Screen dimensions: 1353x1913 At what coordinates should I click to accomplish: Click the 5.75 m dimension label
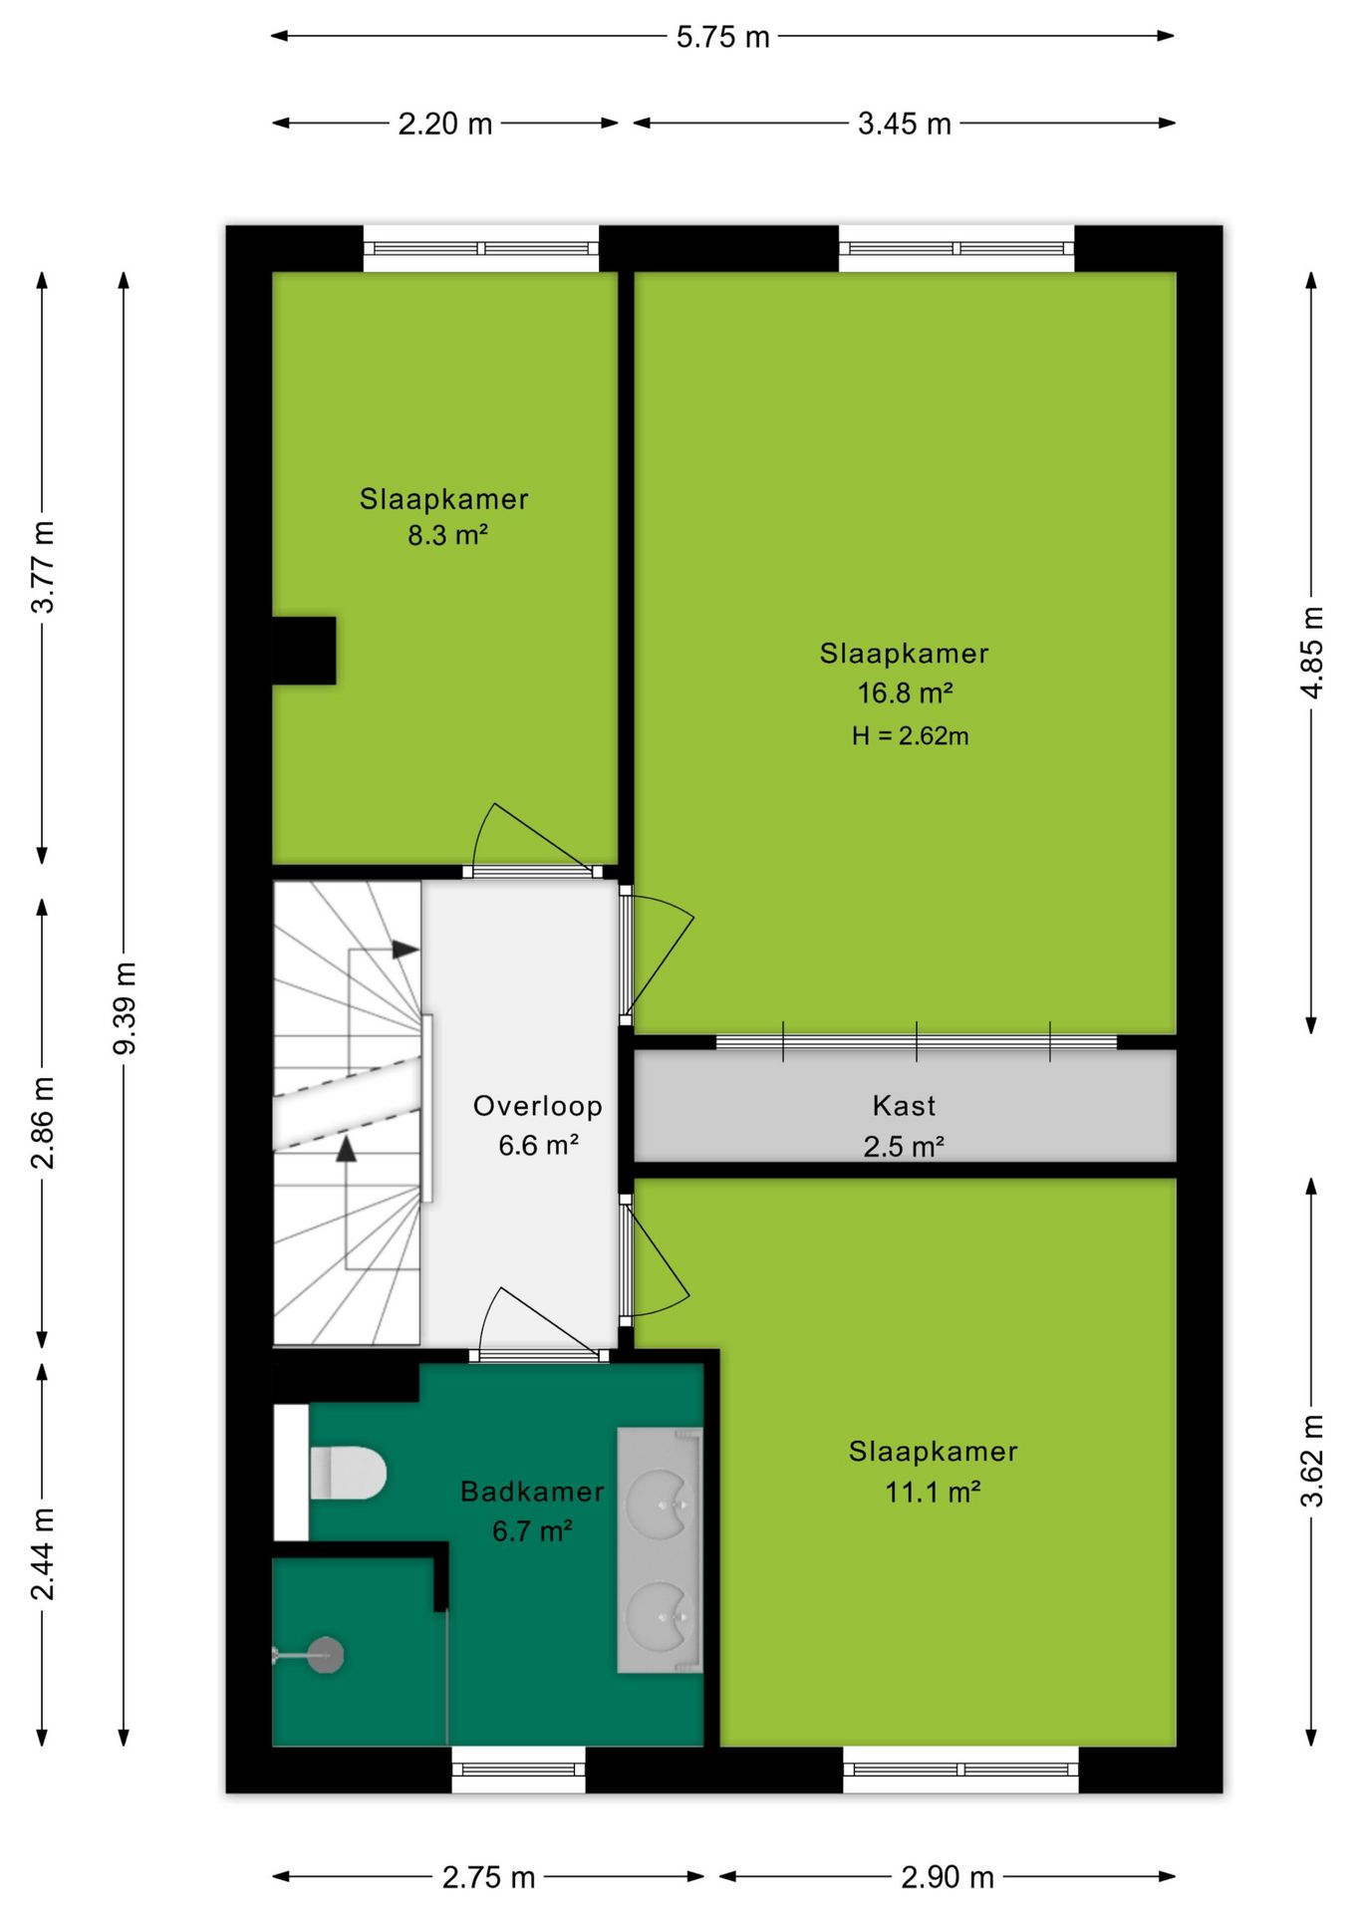[722, 37]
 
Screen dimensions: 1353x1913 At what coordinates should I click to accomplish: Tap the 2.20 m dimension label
[445, 124]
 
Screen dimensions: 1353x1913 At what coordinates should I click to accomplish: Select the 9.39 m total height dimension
[125, 1008]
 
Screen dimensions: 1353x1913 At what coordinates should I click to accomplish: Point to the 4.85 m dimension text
[1312, 653]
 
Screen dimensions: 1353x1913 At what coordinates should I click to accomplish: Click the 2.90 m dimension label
[947, 1877]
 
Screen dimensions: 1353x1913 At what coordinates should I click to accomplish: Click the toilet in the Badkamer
[347, 1473]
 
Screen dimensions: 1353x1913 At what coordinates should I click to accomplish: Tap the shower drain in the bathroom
[324, 1656]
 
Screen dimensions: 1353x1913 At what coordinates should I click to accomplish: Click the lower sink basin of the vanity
[659, 1612]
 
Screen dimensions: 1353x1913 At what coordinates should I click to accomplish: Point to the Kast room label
[904, 1105]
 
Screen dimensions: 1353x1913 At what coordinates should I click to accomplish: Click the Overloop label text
[537, 1106]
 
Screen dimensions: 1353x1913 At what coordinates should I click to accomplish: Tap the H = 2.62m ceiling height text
[910, 736]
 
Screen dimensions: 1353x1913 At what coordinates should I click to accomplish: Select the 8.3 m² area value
[447, 535]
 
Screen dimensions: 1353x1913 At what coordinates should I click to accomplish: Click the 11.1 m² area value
[933, 1492]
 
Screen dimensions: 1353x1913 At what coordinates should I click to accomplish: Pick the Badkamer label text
[532, 1492]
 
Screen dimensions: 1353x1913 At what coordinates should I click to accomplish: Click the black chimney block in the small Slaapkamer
[304, 651]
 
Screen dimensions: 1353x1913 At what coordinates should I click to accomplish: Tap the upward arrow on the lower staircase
[346, 1148]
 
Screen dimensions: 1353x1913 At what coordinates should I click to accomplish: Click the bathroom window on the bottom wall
[518, 1770]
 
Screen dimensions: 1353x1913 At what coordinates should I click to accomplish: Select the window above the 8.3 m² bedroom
[480, 248]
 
